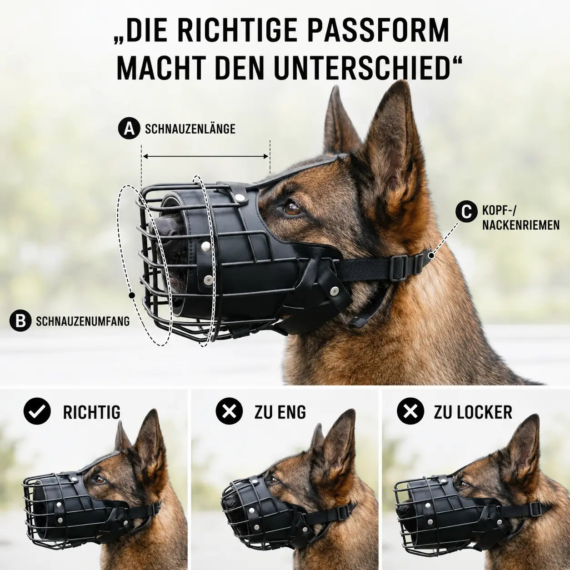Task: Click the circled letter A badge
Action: click(x=129, y=129)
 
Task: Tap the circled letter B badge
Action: click(x=20, y=321)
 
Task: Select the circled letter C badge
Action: click(x=467, y=211)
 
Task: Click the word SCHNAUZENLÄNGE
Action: click(x=190, y=129)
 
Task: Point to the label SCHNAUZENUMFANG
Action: click(x=83, y=321)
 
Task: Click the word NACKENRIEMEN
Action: click(x=521, y=225)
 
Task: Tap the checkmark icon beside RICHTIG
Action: click(x=37, y=411)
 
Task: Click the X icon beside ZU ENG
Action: click(x=229, y=411)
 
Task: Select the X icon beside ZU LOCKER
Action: click(x=410, y=411)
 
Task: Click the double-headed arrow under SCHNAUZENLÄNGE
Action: click(x=206, y=156)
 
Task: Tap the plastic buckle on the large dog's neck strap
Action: click(x=400, y=267)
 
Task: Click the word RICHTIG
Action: click(x=92, y=412)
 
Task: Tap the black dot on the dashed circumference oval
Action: click(x=132, y=295)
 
